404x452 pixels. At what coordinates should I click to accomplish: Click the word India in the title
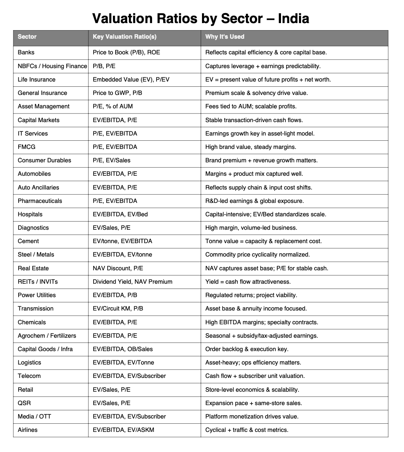coord(293,18)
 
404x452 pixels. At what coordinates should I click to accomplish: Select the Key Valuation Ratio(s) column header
coord(124,36)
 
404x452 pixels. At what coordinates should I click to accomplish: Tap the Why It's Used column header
coord(225,36)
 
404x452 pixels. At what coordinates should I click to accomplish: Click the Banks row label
coord(26,52)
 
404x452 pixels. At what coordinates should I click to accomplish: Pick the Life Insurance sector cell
coord(37,79)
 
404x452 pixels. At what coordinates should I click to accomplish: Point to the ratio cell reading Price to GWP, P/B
coord(117,93)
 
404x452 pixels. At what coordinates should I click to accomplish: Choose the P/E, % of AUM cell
coord(113,106)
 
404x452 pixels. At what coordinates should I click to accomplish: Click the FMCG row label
coord(26,147)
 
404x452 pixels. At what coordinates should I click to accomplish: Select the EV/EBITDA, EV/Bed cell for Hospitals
coord(120,214)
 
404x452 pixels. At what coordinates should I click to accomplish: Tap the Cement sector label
coord(28,241)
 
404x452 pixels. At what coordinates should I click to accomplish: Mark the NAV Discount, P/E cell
coord(118,268)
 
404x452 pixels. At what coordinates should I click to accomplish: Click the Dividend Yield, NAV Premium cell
coord(132,281)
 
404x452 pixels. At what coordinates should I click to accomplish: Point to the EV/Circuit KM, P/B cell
coord(118,308)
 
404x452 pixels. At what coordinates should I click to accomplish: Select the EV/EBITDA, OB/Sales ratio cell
coord(123,349)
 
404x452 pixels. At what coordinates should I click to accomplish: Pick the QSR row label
coord(24,403)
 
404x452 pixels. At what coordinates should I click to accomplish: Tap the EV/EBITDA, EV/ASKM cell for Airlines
coord(123,430)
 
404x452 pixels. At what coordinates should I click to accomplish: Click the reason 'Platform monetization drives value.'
coord(252,416)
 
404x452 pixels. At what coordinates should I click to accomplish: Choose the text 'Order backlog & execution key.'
coord(247,349)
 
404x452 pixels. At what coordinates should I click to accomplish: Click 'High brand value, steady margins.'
coord(251,147)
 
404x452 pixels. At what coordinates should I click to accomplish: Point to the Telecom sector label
coord(29,376)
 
